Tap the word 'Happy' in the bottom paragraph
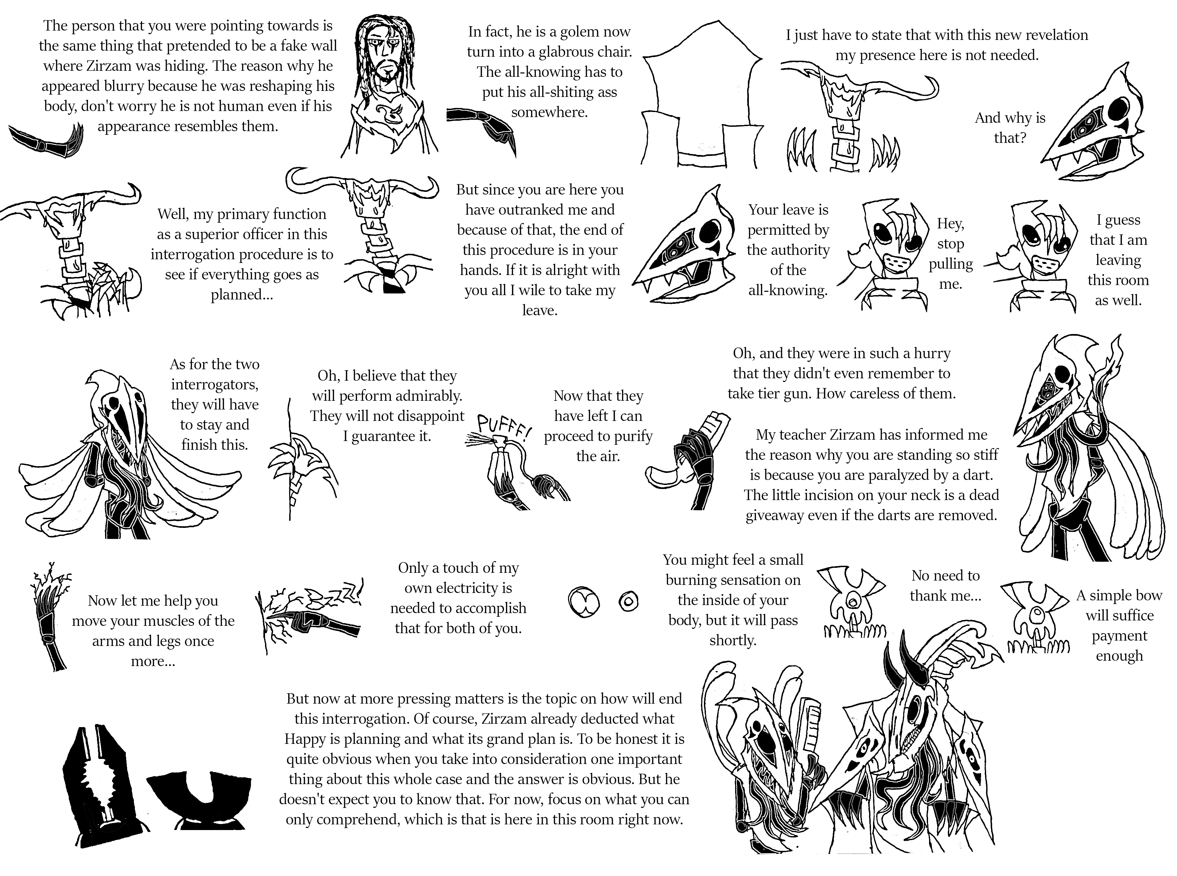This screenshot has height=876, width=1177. click(304, 738)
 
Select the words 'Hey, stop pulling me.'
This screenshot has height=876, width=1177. click(950, 254)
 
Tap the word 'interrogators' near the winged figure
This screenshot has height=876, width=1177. click(214, 384)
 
